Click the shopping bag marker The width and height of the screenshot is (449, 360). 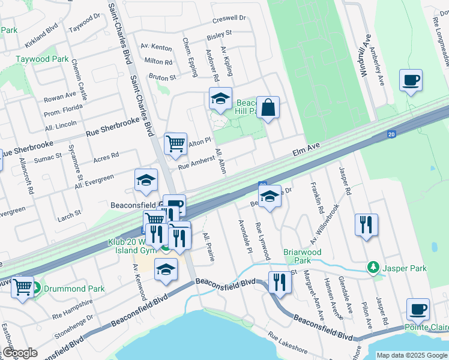tap(268, 107)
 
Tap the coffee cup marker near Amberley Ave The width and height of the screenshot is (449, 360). tap(411, 80)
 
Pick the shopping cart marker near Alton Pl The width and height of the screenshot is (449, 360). tap(175, 143)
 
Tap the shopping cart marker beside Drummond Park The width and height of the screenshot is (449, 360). tap(23, 287)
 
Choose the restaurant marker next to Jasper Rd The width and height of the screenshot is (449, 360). tap(366, 224)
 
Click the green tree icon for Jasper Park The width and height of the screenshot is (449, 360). tap(373, 267)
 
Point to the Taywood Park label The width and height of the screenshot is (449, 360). tap(42, 59)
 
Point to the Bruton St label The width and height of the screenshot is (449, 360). tap(162, 77)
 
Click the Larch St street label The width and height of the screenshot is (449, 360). tap(70, 214)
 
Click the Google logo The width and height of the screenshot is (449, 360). tap(20, 353)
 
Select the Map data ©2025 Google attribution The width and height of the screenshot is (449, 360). tap(411, 355)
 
